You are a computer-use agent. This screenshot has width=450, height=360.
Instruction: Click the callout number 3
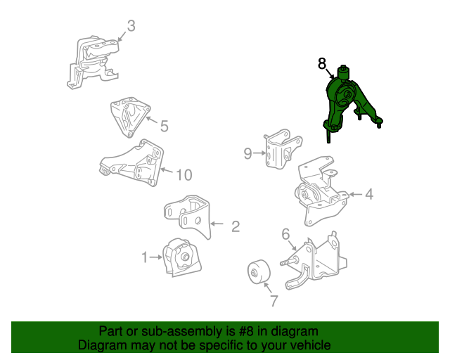coord(131,26)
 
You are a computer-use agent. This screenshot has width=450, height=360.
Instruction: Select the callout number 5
coord(164,126)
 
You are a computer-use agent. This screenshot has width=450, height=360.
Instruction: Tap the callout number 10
coord(184,175)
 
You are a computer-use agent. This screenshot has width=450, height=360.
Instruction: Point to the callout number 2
coord(236,226)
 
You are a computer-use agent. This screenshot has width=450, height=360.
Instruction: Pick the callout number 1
coord(145,257)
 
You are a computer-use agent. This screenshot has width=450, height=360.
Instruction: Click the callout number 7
coord(274,301)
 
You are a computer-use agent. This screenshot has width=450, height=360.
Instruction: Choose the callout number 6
coord(286,234)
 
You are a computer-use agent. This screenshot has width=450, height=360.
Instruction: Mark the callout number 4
coord(369,194)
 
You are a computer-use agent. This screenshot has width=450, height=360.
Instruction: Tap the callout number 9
coord(247,153)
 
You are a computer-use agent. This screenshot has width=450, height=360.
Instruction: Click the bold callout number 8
coord(322,63)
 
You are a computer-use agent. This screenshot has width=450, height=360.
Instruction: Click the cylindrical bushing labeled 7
coord(259,272)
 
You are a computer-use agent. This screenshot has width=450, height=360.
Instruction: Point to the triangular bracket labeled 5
coord(131,116)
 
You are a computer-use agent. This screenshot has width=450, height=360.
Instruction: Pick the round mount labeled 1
coord(182,257)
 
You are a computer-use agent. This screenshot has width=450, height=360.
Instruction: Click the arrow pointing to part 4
coord(355,194)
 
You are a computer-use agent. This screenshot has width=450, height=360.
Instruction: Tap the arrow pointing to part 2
coord(217,224)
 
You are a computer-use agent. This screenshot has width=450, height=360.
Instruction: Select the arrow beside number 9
coord(259,153)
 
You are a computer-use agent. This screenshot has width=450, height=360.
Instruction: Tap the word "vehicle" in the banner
coord(313,345)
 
